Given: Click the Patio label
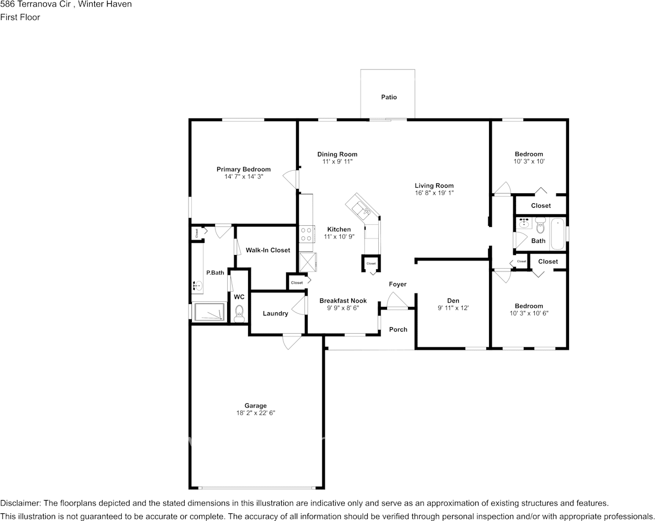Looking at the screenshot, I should (389, 97).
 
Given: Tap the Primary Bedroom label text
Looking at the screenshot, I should (243, 169).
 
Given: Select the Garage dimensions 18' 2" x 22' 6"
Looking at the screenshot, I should (255, 413).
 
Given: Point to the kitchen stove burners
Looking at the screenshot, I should (307, 235).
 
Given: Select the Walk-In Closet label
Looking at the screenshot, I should (267, 250).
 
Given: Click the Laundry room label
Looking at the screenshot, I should (275, 313).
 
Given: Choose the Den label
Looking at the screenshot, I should (453, 300).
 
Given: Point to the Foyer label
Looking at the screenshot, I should (398, 284).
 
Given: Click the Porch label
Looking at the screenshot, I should (398, 329).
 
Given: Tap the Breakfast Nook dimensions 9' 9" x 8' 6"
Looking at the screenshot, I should (343, 308).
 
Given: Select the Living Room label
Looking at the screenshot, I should (434, 186).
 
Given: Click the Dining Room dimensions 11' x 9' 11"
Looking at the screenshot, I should (337, 162).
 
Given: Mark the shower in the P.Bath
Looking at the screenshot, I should (208, 311).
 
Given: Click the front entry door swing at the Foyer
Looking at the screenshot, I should (398, 301).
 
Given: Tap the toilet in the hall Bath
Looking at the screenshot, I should (540, 225).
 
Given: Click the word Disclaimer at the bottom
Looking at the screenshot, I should (20, 503).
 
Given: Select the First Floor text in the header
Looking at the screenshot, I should (20, 17).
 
